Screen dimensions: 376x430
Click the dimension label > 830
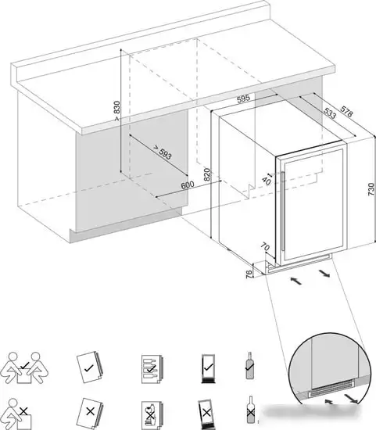click(117, 111)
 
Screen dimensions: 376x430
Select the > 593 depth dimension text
click(163, 152)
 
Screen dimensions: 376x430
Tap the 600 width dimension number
click(188, 185)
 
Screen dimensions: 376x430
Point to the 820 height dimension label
click(207, 174)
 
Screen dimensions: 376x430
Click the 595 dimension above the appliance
click(244, 99)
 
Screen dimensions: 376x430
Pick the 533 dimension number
click(330, 113)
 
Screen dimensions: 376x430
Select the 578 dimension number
click(346, 111)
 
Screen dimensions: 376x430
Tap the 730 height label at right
click(371, 189)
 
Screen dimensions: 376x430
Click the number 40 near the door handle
click(267, 181)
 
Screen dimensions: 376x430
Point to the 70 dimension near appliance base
click(265, 247)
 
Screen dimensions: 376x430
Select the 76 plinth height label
click(249, 273)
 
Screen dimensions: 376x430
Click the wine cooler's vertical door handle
click(282, 211)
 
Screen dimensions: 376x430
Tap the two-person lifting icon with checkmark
click(24, 367)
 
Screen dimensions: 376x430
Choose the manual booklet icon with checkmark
click(90, 367)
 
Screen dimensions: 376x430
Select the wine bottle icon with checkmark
click(250, 366)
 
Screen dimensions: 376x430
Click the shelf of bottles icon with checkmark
click(152, 369)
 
